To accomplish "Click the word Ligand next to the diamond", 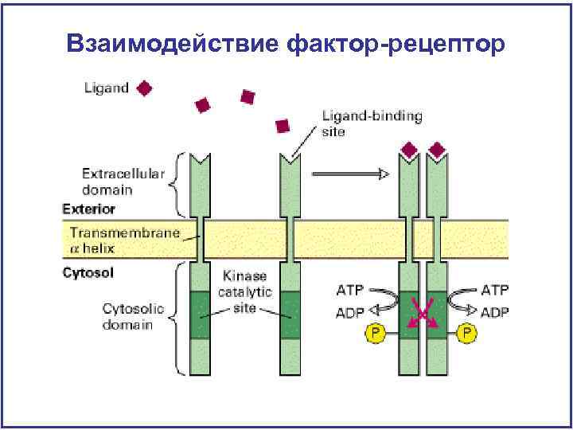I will pyautogui.click(x=106, y=88).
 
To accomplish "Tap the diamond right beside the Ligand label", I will pyautogui.click(x=145, y=88).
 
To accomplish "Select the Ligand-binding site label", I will pyautogui.click(x=372, y=123).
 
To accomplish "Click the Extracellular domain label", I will pyautogui.click(x=123, y=182).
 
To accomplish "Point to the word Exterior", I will pyautogui.click(x=88, y=209).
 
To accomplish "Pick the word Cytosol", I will pyautogui.click(x=88, y=273).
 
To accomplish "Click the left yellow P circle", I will pyautogui.click(x=372, y=332).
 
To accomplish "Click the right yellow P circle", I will pyautogui.click(x=467, y=332).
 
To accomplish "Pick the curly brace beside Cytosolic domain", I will pyautogui.click(x=178, y=318).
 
